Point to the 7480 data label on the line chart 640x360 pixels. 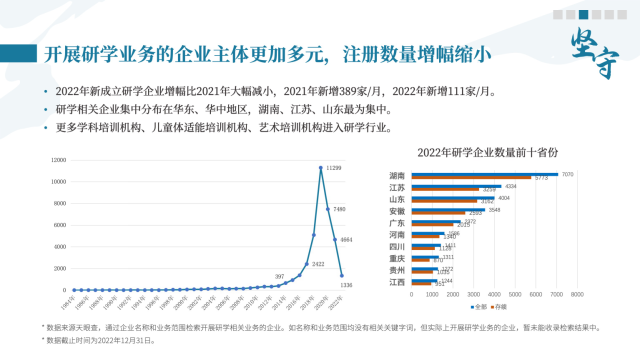[x=339, y=209]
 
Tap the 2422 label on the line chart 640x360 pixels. [x=318, y=264]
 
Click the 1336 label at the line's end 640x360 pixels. [x=346, y=286]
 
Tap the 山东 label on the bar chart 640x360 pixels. [x=397, y=199]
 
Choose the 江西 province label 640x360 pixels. [x=397, y=282]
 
